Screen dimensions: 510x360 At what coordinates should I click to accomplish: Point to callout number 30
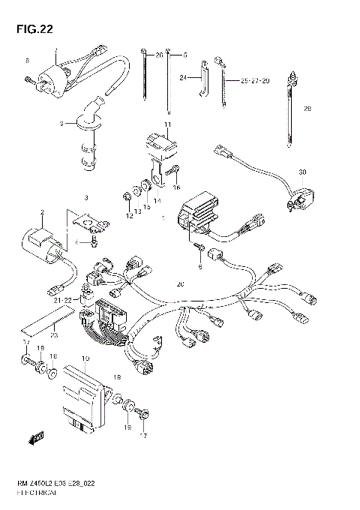(x=302, y=172)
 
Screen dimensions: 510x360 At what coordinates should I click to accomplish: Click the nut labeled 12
(x=128, y=197)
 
